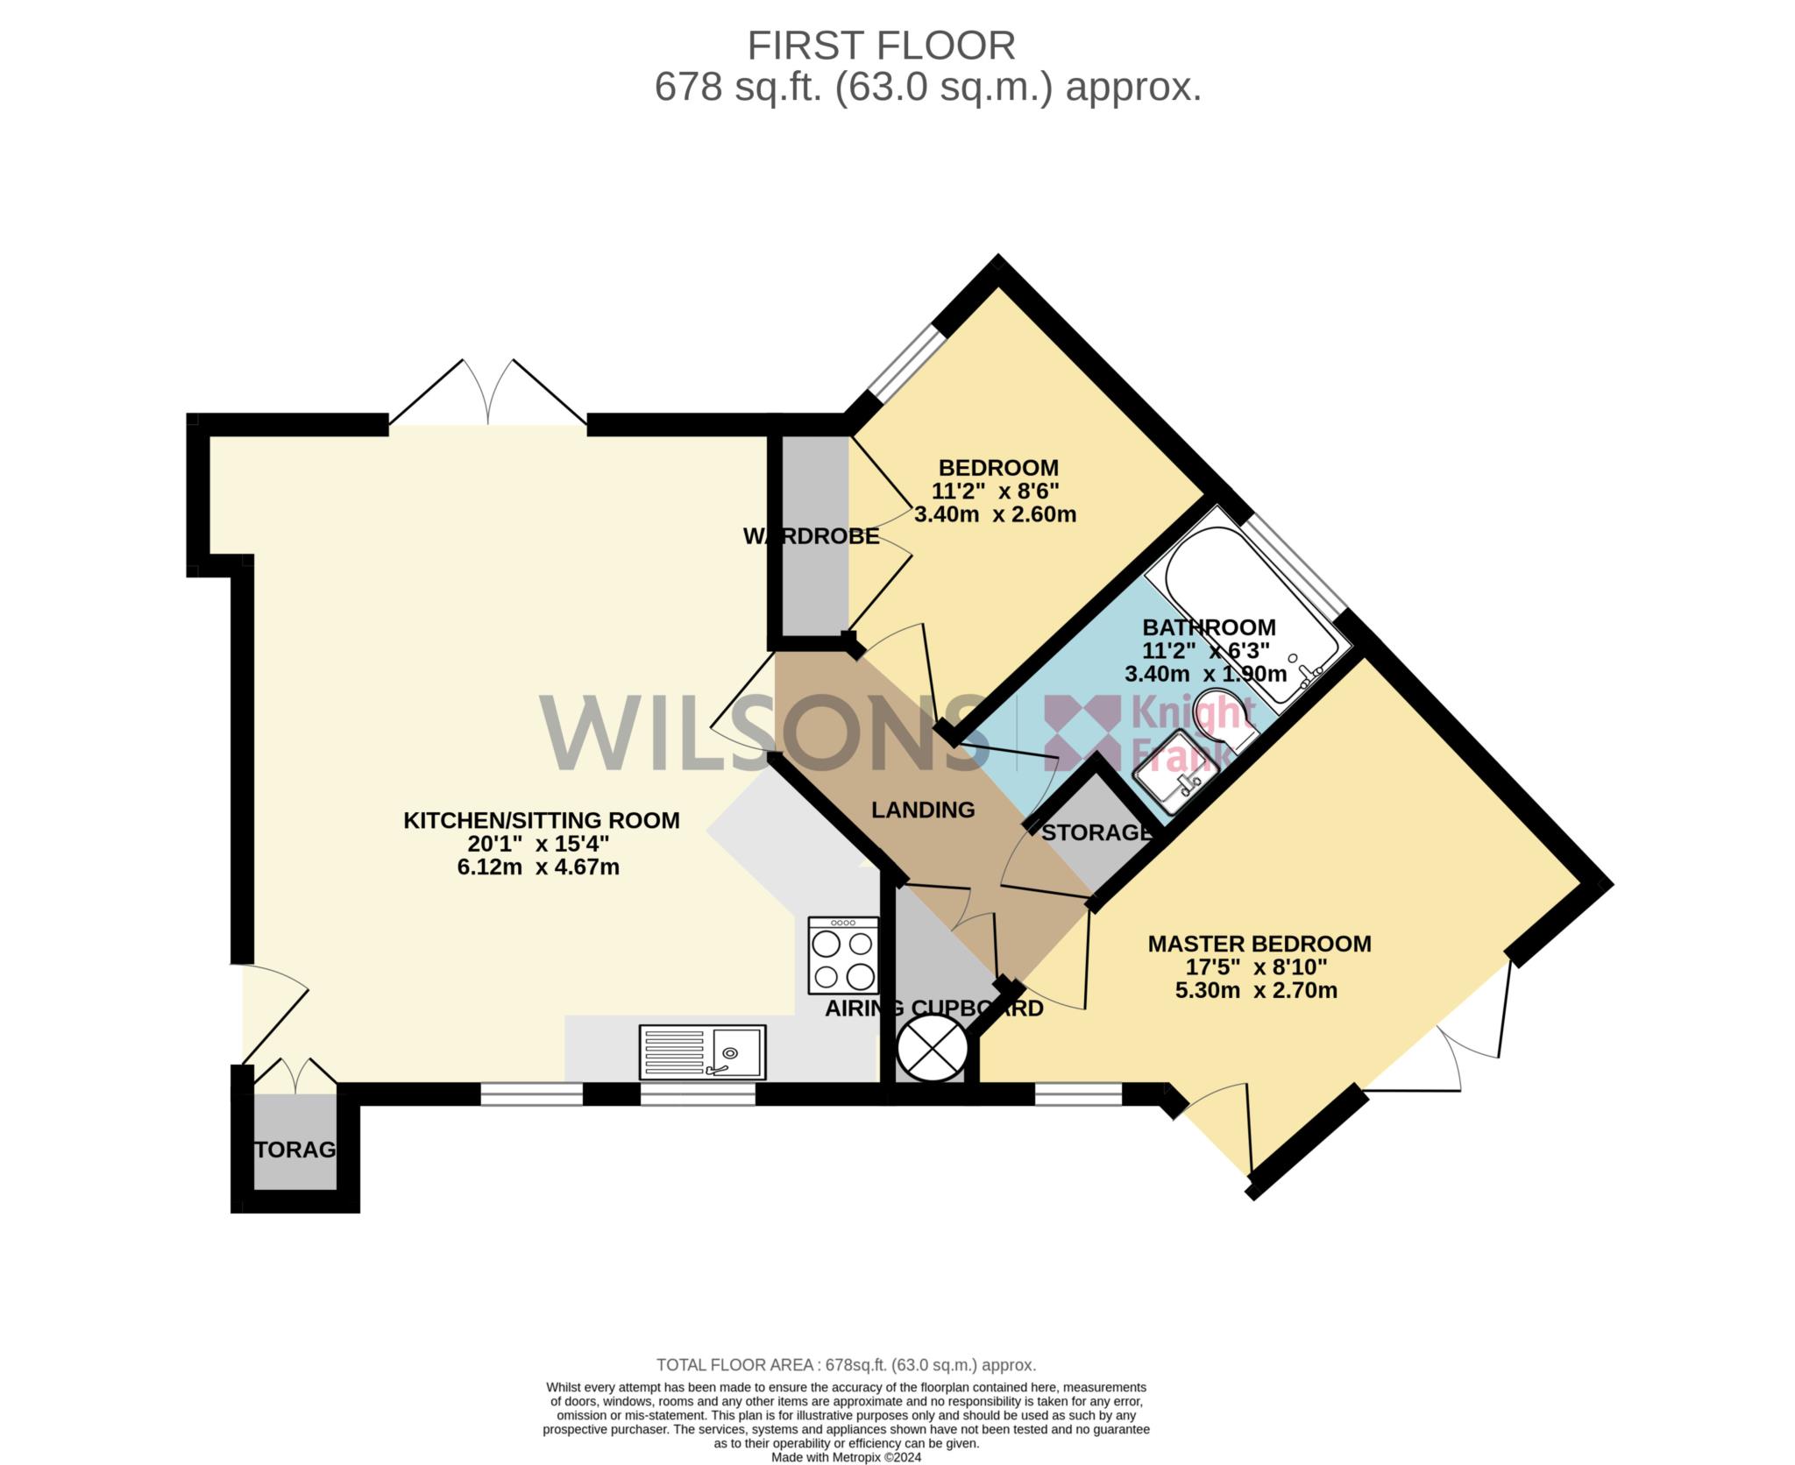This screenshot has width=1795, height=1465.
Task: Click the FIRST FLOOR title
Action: tap(881, 46)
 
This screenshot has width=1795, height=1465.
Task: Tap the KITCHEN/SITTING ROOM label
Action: tap(541, 820)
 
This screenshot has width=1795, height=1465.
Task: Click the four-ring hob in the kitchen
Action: tap(843, 955)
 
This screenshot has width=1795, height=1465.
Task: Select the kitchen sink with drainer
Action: tap(702, 1051)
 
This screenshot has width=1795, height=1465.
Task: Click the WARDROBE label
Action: tap(811, 536)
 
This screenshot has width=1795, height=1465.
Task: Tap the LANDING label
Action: tap(923, 810)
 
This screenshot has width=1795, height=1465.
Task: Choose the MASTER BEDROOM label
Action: tap(1259, 944)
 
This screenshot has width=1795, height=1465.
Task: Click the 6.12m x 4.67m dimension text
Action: tap(538, 867)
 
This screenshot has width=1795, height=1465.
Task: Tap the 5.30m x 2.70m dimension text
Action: tap(1256, 991)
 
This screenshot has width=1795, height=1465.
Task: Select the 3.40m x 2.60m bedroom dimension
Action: tap(995, 514)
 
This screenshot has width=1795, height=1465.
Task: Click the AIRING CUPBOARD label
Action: tap(934, 1009)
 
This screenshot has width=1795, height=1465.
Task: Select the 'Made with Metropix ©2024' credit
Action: tap(846, 1458)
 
